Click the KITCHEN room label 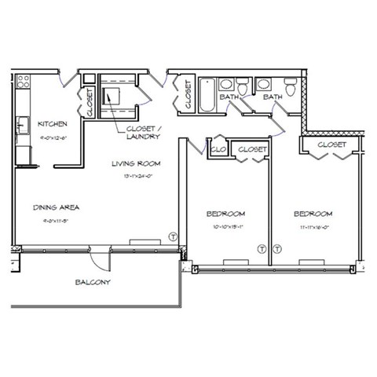tap(51, 124)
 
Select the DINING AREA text tap(57, 207)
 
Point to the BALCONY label tap(93, 282)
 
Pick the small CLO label tap(218, 148)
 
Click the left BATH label tap(229, 97)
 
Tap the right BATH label tap(273, 97)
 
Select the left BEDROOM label tap(226, 214)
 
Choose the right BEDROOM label tap(313, 214)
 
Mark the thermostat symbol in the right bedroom tap(277, 249)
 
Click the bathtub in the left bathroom tap(206, 95)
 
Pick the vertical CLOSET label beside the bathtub tap(188, 95)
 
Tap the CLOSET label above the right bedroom tap(332, 145)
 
